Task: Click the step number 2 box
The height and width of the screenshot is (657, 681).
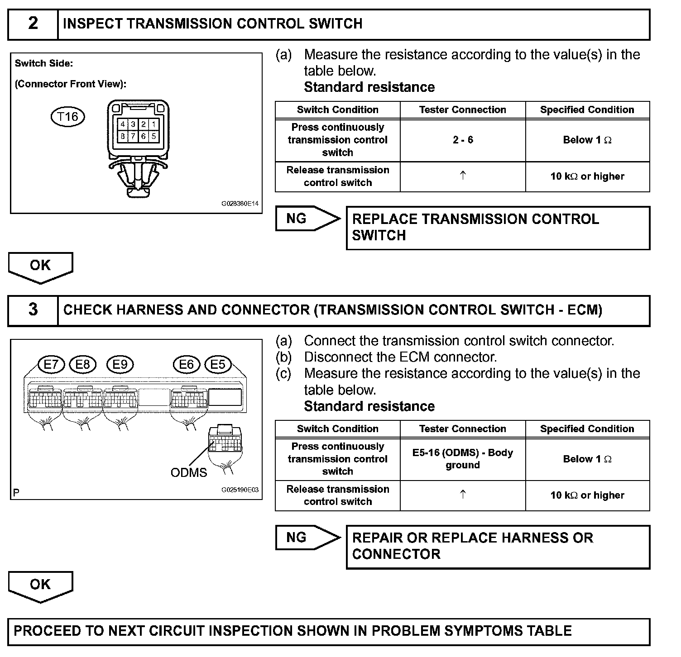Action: (33, 24)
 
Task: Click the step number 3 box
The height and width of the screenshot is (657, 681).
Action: (33, 310)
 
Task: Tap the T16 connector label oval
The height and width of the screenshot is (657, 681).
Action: (67, 117)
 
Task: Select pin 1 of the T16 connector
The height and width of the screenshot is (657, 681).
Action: (154, 124)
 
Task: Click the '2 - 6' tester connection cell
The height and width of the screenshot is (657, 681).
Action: (463, 140)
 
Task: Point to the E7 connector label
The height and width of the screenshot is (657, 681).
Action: (52, 365)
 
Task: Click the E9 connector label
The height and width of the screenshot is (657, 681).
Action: (120, 365)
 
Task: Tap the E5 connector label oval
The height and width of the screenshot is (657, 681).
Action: (218, 365)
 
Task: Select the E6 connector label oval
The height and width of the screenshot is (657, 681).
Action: (187, 365)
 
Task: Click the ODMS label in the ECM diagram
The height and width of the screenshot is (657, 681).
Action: (188, 472)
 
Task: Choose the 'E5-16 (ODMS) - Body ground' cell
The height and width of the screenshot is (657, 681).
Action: (463, 459)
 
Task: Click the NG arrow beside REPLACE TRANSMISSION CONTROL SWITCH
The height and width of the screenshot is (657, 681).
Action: (307, 219)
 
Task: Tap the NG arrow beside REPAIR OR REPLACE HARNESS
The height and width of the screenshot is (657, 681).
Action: (307, 538)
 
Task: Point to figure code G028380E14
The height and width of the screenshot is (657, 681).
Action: (240, 204)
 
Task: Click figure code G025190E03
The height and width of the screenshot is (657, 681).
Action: (240, 490)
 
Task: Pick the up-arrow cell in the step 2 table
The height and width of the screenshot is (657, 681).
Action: (463, 176)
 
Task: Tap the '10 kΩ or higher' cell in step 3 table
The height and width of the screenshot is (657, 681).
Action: (587, 495)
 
